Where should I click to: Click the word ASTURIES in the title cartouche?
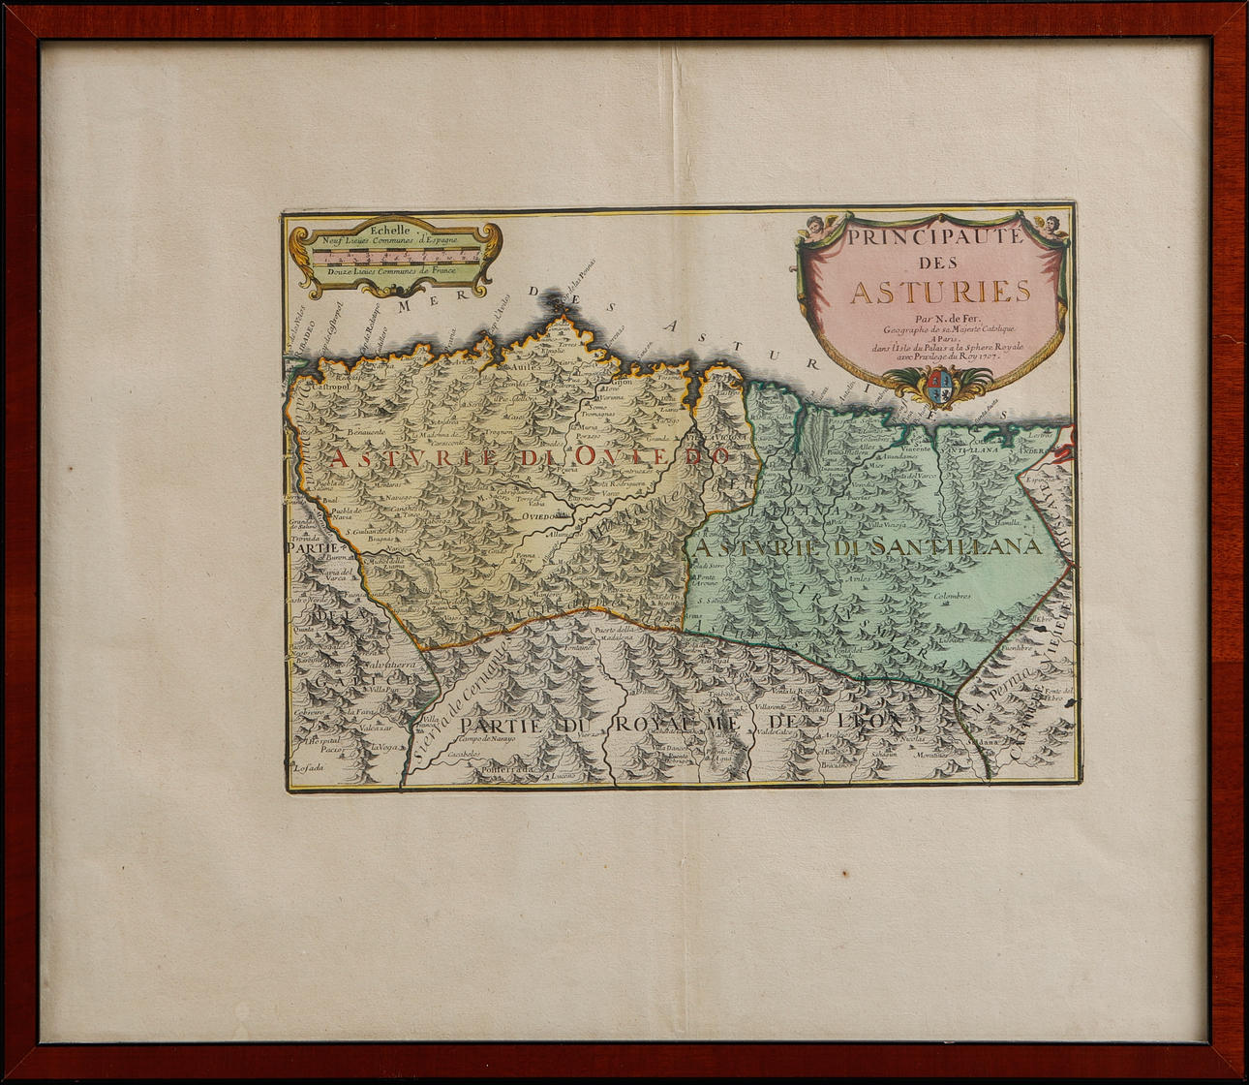click(x=927, y=292)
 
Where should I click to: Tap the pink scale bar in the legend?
click(x=396, y=256)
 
